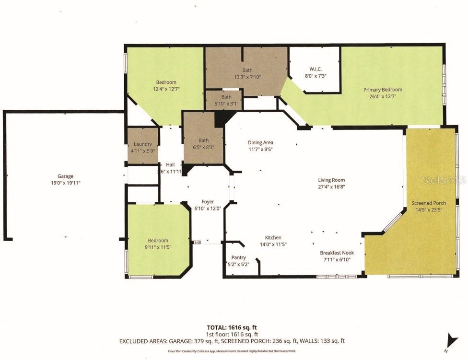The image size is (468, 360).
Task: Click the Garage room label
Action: [x=66, y=176]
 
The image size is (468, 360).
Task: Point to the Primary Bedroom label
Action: [x=383, y=90]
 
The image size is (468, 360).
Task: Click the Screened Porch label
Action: [x=429, y=203]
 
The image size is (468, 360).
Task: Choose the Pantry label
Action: [x=238, y=257]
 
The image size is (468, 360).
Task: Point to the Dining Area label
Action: [x=260, y=142]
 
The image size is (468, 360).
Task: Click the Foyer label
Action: [x=207, y=202]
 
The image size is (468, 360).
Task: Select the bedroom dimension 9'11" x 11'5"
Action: [x=158, y=247]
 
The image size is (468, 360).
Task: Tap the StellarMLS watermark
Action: [x=444, y=180]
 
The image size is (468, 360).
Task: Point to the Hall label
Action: [x=170, y=164]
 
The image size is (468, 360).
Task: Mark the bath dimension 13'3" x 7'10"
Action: [x=247, y=77]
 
